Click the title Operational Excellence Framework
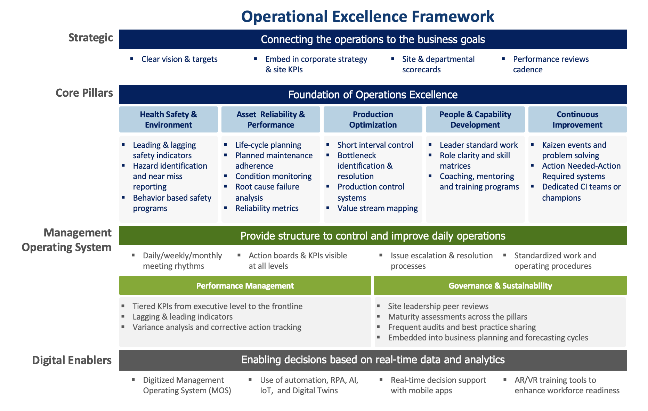pos(367,16)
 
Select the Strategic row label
pos(90,38)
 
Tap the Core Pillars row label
pos(84,93)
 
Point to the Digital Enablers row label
pos(72,360)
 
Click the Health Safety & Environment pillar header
pos(168,119)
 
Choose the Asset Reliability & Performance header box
pos(270,119)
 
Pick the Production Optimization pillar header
pos(373,119)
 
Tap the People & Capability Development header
pos(475,119)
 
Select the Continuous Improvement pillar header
pos(577,119)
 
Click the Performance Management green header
pos(245,285)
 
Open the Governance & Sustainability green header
pos(500,285)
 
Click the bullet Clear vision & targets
pos(179,59)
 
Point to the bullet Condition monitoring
pos(273,176)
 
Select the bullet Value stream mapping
pos(378,208)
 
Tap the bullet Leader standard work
pos(478,145)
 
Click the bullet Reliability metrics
pos(267,208)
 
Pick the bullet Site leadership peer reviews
pos(438,306)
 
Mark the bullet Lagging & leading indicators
pos(183,317)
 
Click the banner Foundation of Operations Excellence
pos(373,95)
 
